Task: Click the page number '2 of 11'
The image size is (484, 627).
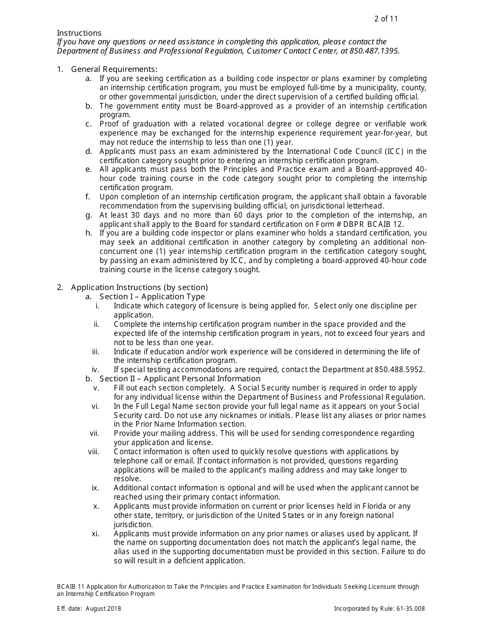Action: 386,19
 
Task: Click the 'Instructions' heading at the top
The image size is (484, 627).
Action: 79,33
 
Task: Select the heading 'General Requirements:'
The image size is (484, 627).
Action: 114,69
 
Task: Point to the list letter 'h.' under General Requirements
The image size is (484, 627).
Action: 89,233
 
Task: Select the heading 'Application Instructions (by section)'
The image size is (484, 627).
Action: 139,288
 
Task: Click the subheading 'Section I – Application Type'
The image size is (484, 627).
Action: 152,297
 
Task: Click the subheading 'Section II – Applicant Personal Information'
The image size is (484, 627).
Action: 180,379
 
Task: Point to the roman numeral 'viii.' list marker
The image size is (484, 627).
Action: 93,452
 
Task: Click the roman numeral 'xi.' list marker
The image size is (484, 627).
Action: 95,534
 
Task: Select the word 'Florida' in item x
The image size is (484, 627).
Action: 376,506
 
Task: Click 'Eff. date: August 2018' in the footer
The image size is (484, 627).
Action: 89,608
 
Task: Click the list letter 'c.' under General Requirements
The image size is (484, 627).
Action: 89,124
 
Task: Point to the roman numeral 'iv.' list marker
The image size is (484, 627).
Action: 95,370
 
